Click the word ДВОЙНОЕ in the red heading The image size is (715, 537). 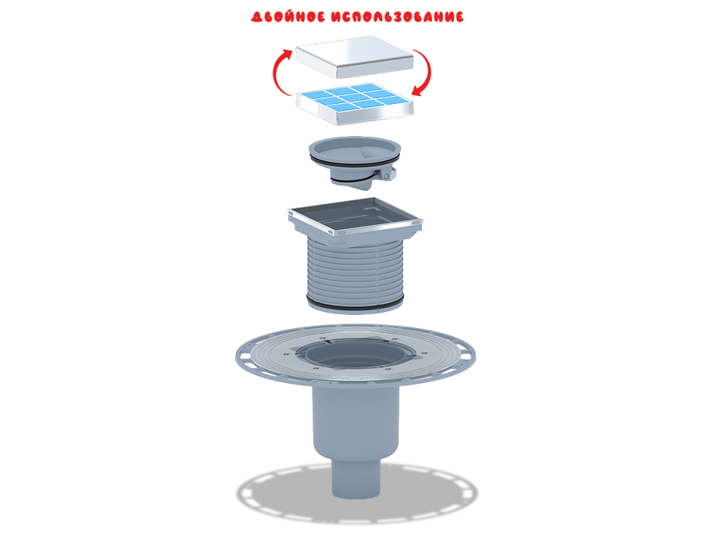[x=288, y=17]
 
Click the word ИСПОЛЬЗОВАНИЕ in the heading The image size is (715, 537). [x=398, y=17]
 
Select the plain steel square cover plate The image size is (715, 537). [x=355, y=57]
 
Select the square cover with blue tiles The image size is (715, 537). [x=355, y=104]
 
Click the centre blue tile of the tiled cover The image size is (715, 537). [x=353, y=97]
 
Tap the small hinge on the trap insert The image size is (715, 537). [x=387, y=175]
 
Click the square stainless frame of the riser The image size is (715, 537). [x=355, y=217]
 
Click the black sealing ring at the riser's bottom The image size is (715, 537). [x=355, y=305]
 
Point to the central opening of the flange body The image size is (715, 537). [x=355, y=354]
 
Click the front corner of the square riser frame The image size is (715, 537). [x=338, y=233]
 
